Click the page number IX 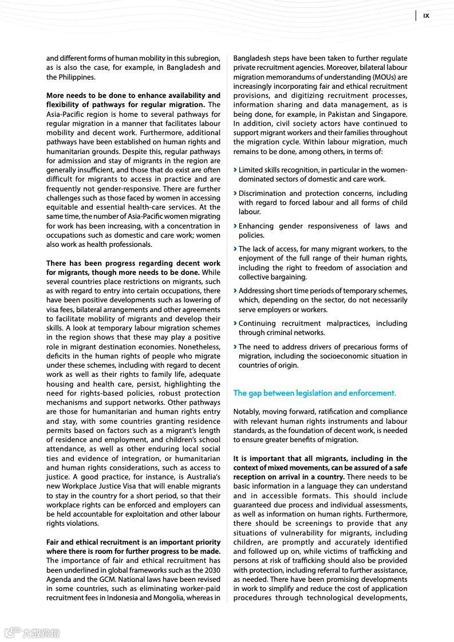point(426,16)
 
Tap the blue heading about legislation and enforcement point(314,393)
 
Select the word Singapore point(388,115)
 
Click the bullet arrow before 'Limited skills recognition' point(235,170)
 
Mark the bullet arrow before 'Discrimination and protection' point(235,194)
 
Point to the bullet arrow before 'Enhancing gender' point(235,226)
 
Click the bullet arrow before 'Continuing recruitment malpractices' point(235,324)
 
